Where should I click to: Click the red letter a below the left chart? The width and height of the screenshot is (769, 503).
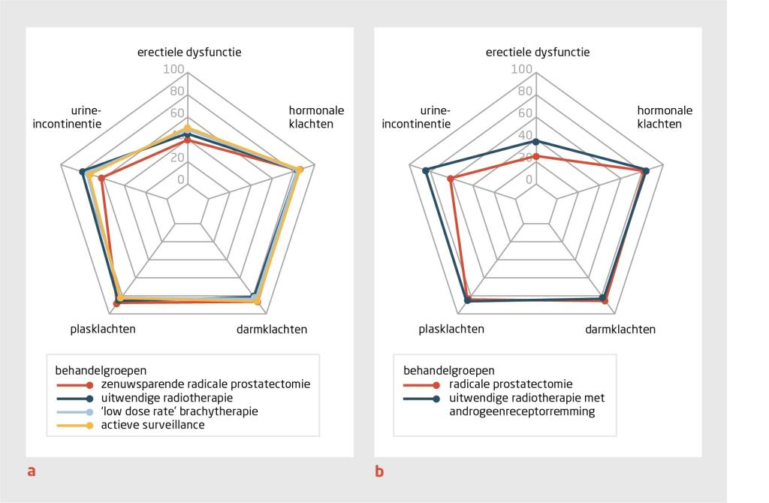click(x=31, y=472)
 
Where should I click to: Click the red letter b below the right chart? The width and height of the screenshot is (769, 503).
click(x=379, y=472)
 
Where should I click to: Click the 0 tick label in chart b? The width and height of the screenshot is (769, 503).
click(x=529, y=179)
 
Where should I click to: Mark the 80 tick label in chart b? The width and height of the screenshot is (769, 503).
click(x=526, y=92)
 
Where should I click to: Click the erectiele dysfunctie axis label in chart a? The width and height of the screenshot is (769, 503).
click(x=188, y=53)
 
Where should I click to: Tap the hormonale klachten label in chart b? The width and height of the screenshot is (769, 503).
click(x=665, y=117)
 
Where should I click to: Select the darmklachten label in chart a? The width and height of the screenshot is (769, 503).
click(x=272, y=329)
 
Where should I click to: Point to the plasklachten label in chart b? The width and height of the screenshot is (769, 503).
click(x=451, y=329)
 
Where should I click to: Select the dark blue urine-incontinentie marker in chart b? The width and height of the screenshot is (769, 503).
click(x=426, y=170)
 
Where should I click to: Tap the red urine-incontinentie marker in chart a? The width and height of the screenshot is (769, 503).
click(x=101, y=179)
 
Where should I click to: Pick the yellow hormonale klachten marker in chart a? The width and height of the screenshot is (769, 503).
click(x=300, y=170)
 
